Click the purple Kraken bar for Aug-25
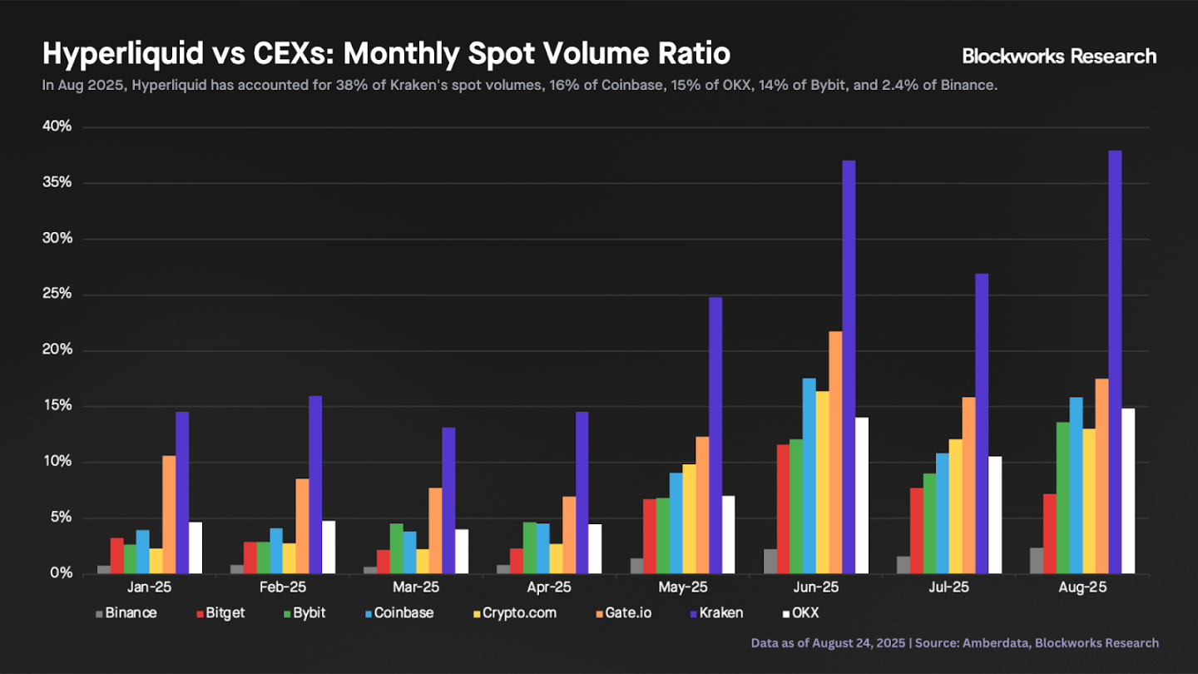click(1115, 362)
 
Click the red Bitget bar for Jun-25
click(782, 508)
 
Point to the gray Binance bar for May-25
click(636, 566)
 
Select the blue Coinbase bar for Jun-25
click(809, 475)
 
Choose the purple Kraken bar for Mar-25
click(448, 500)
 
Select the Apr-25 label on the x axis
click(549, 587)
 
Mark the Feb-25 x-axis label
click(283, 587)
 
